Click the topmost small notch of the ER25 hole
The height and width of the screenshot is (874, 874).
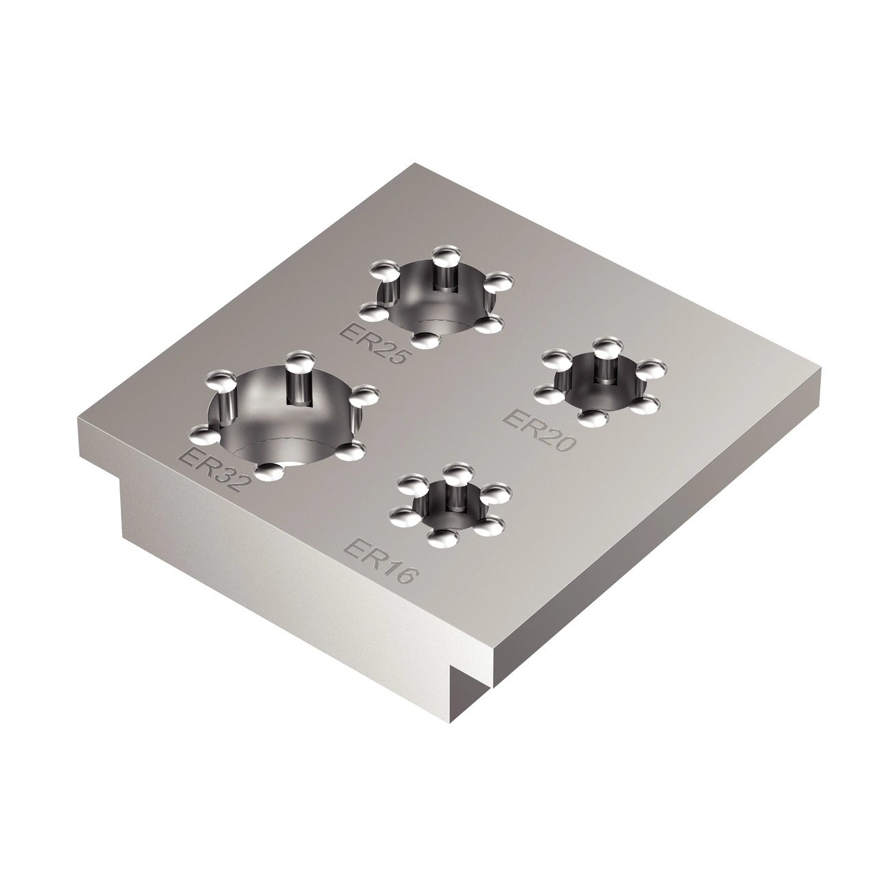pyautogui.click(x=445, y=257)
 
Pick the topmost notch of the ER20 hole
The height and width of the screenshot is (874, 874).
pyautogui.click(x=604, y=343)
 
